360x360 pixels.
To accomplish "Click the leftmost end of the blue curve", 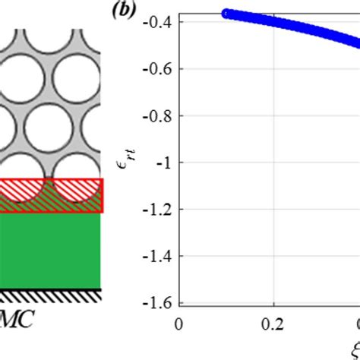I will point(226,14).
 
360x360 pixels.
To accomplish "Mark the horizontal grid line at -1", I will point(266,163).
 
